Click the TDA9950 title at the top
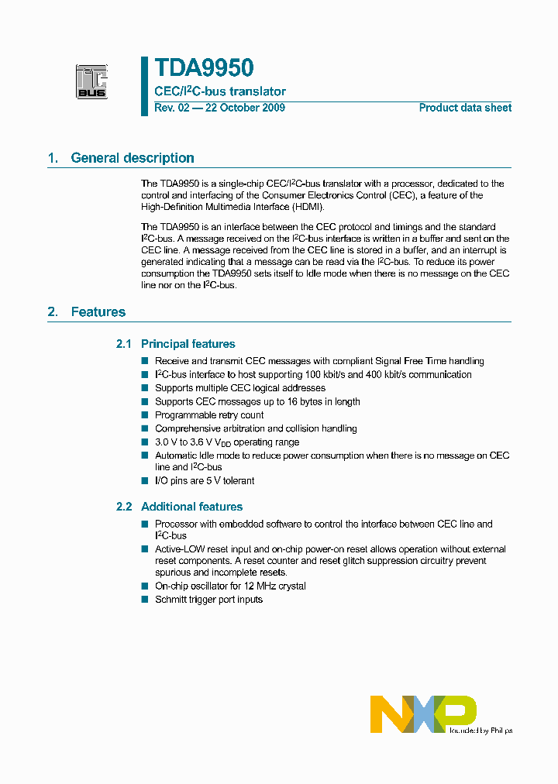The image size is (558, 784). (204, 69)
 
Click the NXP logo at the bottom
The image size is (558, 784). (423, 714)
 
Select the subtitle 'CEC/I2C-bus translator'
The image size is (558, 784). (220, 91)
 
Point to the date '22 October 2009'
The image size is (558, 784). (244, 108)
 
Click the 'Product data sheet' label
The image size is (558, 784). (465, 108)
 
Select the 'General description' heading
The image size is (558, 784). (132, 158)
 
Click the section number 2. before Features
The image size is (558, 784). (53, 312)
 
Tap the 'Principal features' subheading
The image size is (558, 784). (188, 344)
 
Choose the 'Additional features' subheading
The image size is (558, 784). (191, 507)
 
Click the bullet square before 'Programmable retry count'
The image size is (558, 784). (144, 415)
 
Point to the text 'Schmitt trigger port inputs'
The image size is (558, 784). (208, 600)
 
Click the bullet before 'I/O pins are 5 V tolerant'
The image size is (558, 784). (144, 481)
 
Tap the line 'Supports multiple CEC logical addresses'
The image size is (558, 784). (239, 388)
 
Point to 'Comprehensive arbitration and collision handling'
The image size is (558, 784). (256, 428)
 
